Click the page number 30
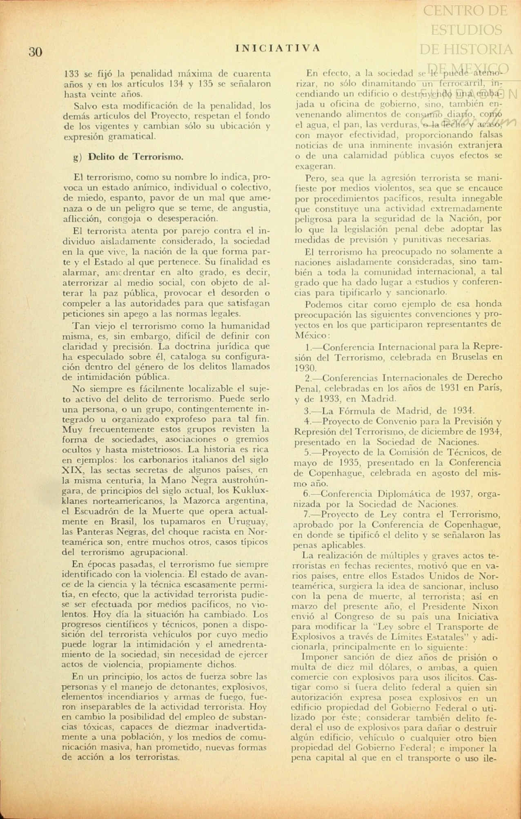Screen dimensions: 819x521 coord(36,52)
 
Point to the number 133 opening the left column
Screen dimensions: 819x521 coord(72,74)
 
